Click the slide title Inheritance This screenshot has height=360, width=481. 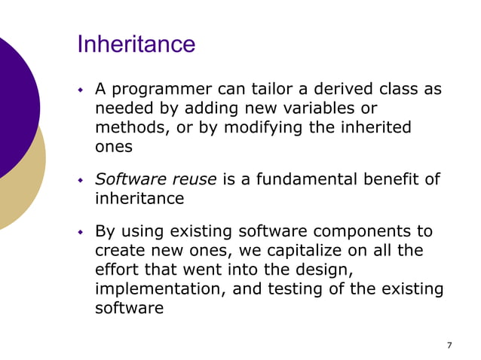[136, 44]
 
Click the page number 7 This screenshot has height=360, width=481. [449, 345]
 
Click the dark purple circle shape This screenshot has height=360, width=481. [11, 105]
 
